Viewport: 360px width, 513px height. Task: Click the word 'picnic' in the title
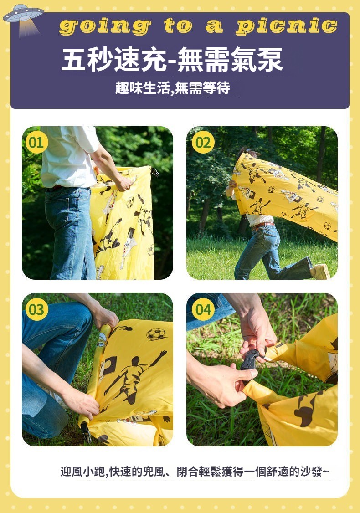click(287, 26)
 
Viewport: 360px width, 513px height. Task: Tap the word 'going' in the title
click(105, 26)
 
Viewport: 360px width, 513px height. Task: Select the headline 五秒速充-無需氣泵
click(172, 59)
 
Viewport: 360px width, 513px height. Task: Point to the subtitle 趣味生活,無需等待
click(172, 87)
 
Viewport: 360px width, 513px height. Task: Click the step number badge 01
click(36, 142)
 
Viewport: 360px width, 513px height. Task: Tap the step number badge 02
click(203, 142)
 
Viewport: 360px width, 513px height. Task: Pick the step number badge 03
click(36, 309)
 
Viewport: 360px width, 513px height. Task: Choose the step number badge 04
click(203, 309)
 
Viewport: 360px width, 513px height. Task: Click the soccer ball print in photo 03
click(156, 334)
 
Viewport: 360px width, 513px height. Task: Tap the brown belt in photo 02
click(263, 225)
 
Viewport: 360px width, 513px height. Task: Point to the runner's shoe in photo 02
click(321, 272)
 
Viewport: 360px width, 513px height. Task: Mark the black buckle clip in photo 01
click(154, 172)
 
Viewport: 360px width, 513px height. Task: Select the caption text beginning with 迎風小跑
click(195, 472)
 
